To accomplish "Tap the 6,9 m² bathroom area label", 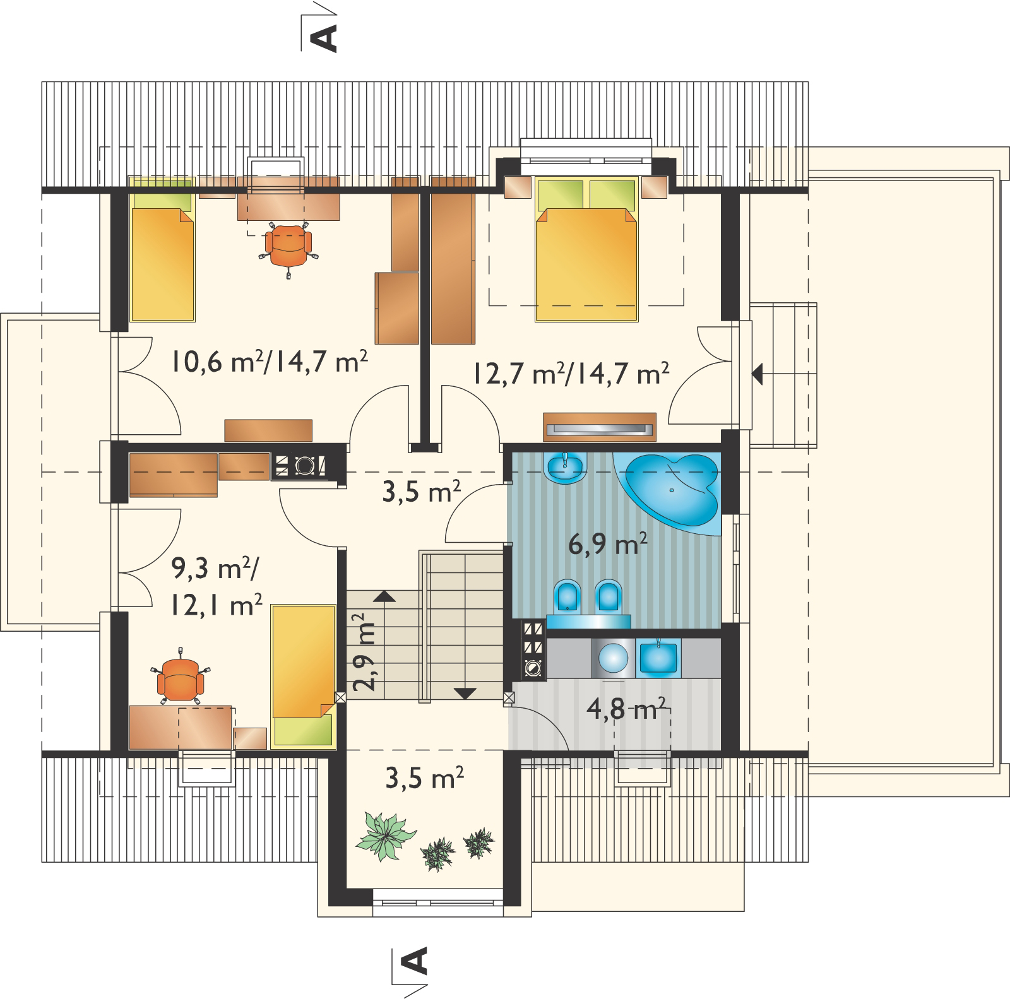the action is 607,543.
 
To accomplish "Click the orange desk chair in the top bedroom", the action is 288,247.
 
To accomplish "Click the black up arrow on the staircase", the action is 384,595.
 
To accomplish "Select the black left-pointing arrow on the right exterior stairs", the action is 757,375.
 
